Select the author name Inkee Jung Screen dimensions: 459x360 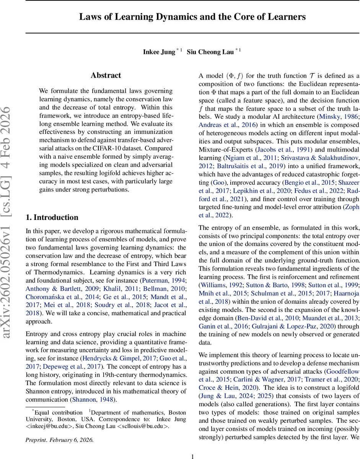[x=159, y=52]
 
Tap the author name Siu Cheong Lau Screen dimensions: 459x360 [x=210, y=52]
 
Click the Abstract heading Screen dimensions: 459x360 [x=106, y=75]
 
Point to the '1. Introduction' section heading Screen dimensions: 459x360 [x=52, y=218]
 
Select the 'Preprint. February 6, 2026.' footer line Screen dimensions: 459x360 [x=59, y=429]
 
